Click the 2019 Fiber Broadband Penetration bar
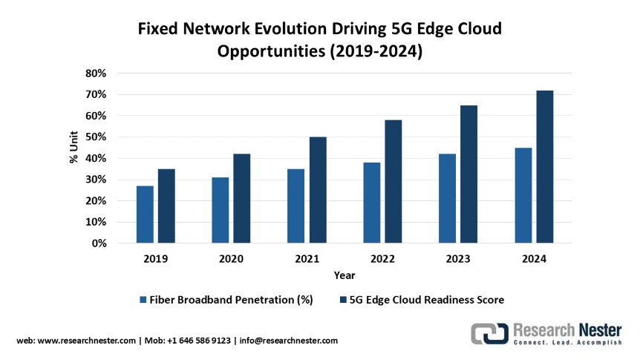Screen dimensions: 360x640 (x=145, y=215)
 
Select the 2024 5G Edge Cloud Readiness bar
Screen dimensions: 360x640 (x=545, y=167)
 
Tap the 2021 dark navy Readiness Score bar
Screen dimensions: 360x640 (x=318, y=190)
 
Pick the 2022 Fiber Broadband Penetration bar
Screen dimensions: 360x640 (x=372, y=203)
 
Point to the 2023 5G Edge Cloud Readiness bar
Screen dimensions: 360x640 (x=469, y=174)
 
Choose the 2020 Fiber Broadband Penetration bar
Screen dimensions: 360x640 (x=221, y=210)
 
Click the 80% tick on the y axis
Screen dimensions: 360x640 (x=97, y=73)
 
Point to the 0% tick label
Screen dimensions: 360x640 (x=99, y=243)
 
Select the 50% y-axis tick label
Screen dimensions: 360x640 (x=97, y=137)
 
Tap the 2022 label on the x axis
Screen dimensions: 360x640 (x=382, y=259)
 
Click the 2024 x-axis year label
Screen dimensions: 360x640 (x=535, y=259)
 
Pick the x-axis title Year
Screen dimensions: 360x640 (x=344, y=275)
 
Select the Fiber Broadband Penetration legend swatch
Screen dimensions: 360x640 (x=142, y=300)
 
